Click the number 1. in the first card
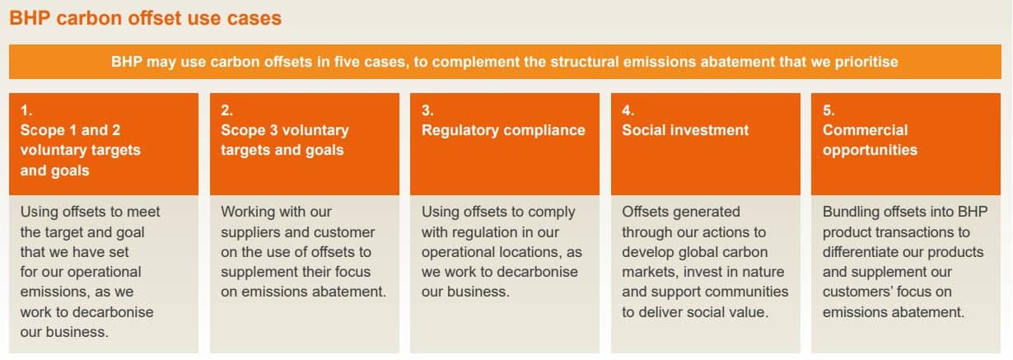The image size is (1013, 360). pos(26,110)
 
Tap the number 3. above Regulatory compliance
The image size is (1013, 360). pos(427,110)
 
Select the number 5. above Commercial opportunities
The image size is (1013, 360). pos(829,110)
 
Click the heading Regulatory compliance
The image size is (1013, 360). pos(503,130)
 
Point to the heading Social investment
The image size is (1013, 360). pos(685,130)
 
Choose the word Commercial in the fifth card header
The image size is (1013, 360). pos(865,130)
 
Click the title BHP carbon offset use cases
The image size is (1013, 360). pos(145,19)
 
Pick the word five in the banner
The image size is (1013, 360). pos(347,62)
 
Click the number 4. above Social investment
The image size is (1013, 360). pos(628,110)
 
